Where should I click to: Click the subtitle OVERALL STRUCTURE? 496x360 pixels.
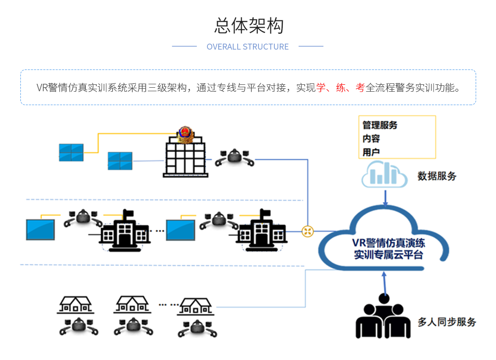(248, 47)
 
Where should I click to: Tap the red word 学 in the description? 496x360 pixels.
(321, 88)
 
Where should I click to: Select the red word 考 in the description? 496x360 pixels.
(360, 88)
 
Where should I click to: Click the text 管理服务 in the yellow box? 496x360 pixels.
(380, 125)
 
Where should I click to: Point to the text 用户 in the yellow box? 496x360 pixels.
(371, 152)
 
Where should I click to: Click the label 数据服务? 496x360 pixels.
(436, 176)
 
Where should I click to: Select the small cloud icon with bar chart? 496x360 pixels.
(384, 175)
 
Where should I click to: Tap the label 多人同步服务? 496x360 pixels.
(446, 322)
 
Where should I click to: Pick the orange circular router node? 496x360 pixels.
(308, 231)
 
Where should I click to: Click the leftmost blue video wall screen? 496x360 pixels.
(71, 152)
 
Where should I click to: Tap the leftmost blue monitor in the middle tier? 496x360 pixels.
(40, 229)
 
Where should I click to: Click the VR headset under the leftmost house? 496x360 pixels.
(78, 326)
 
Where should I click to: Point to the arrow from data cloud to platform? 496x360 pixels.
(385, 197)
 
